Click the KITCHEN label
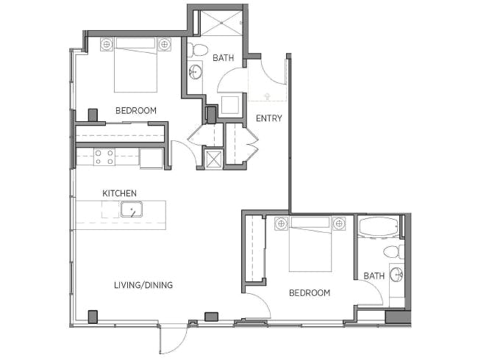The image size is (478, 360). [119, 193]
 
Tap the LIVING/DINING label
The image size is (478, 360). [143, 285]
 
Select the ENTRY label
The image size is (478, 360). [269, 118]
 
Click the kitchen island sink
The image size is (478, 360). [132, 209]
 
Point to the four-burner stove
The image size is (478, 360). [104, 157]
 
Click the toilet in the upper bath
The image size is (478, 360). [197, 50]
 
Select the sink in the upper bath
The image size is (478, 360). [195, 72]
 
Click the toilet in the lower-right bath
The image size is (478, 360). [393, 252]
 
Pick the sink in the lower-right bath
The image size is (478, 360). [397, 275]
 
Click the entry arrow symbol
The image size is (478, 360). [268, 96]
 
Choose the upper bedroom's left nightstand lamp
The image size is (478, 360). [107, 45]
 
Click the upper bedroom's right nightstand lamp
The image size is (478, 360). [164, 45]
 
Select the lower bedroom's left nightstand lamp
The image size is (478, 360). [281, 224]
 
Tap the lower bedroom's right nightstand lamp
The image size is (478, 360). [339, 224]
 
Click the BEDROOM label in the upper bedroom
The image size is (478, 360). [136, 110]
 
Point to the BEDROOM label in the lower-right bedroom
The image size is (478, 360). [310, 293]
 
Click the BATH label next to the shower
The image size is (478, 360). [224, 58]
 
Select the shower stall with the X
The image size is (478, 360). [221, 24]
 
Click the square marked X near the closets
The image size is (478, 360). [213, 159]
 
